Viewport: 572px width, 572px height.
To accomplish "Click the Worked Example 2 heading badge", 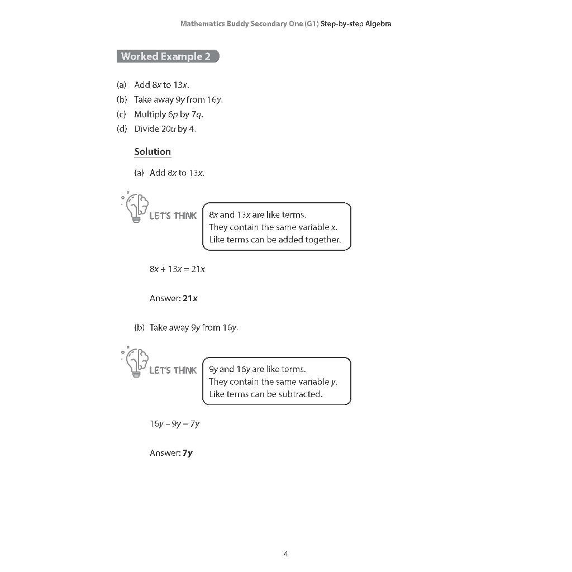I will point(168,56).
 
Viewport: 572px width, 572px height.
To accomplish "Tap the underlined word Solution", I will point(152,152).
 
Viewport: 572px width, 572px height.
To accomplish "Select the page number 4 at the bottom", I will point(285,554).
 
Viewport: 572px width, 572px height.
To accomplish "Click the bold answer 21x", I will point(190,298).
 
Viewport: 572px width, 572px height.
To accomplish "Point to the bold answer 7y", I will point(188,453).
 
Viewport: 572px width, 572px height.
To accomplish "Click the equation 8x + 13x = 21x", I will point(177,269).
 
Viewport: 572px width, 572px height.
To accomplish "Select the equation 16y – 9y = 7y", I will point(174,424).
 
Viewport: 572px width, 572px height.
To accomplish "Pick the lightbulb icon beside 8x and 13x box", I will point(134,208).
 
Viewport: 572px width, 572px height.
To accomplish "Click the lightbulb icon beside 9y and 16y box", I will point(134,363).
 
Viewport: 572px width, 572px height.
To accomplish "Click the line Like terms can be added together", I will point(275,240).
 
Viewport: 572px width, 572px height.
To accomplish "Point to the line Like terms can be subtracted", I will point(266,394).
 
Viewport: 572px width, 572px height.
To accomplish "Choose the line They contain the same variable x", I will point(273,227).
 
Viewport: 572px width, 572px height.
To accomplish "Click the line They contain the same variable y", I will point(273,382).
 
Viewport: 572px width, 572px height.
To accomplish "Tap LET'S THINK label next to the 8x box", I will point(173,216).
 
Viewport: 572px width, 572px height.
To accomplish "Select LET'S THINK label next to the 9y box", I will point(173,370).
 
